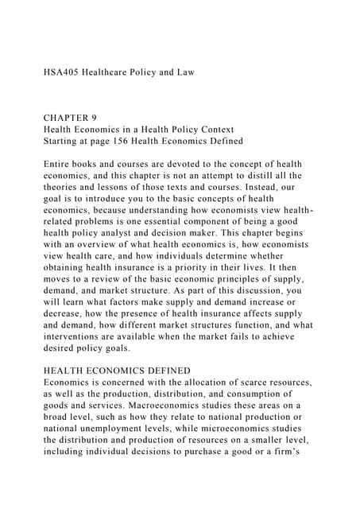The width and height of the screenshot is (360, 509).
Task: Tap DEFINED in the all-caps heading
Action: [165, 371]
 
